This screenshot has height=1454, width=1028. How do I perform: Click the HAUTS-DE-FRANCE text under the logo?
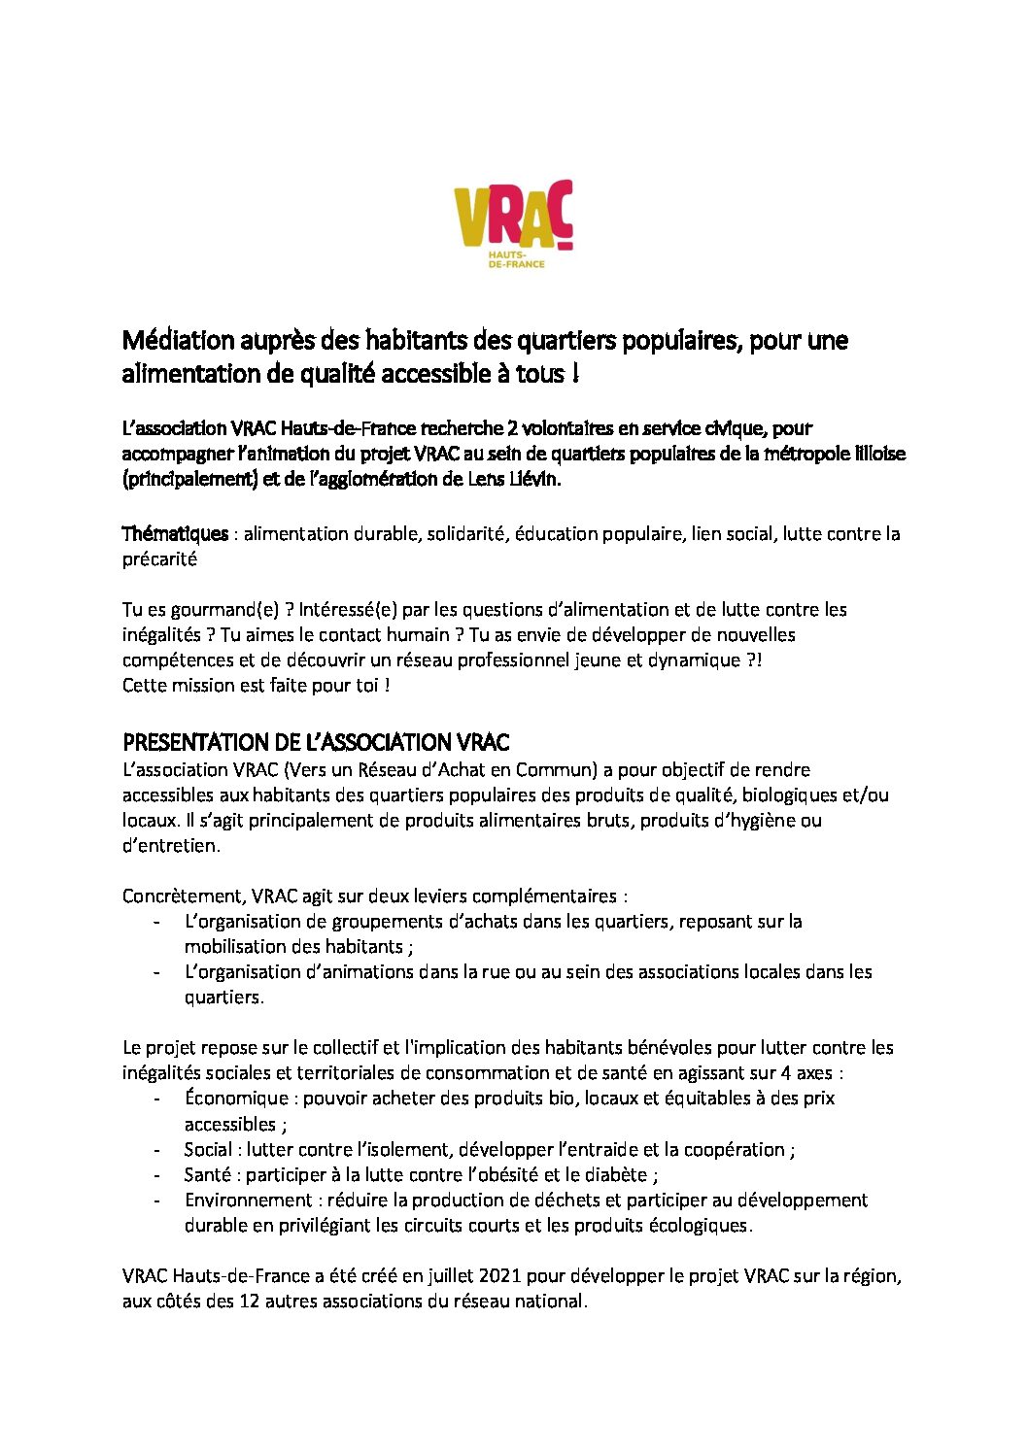tap(515, 259)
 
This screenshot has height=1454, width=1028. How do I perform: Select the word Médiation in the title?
tap(179, 341)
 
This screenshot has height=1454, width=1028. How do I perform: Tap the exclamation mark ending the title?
tap(576, 374)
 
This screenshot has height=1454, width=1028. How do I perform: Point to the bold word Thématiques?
tap(175, 533)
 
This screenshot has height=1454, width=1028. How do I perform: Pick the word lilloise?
tap(873, 454)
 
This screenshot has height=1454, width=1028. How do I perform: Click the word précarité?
tap(159, 558)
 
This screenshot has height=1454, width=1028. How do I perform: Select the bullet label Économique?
tap(236, 1099)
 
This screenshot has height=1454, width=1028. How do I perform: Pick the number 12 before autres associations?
tap(249, 1302)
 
